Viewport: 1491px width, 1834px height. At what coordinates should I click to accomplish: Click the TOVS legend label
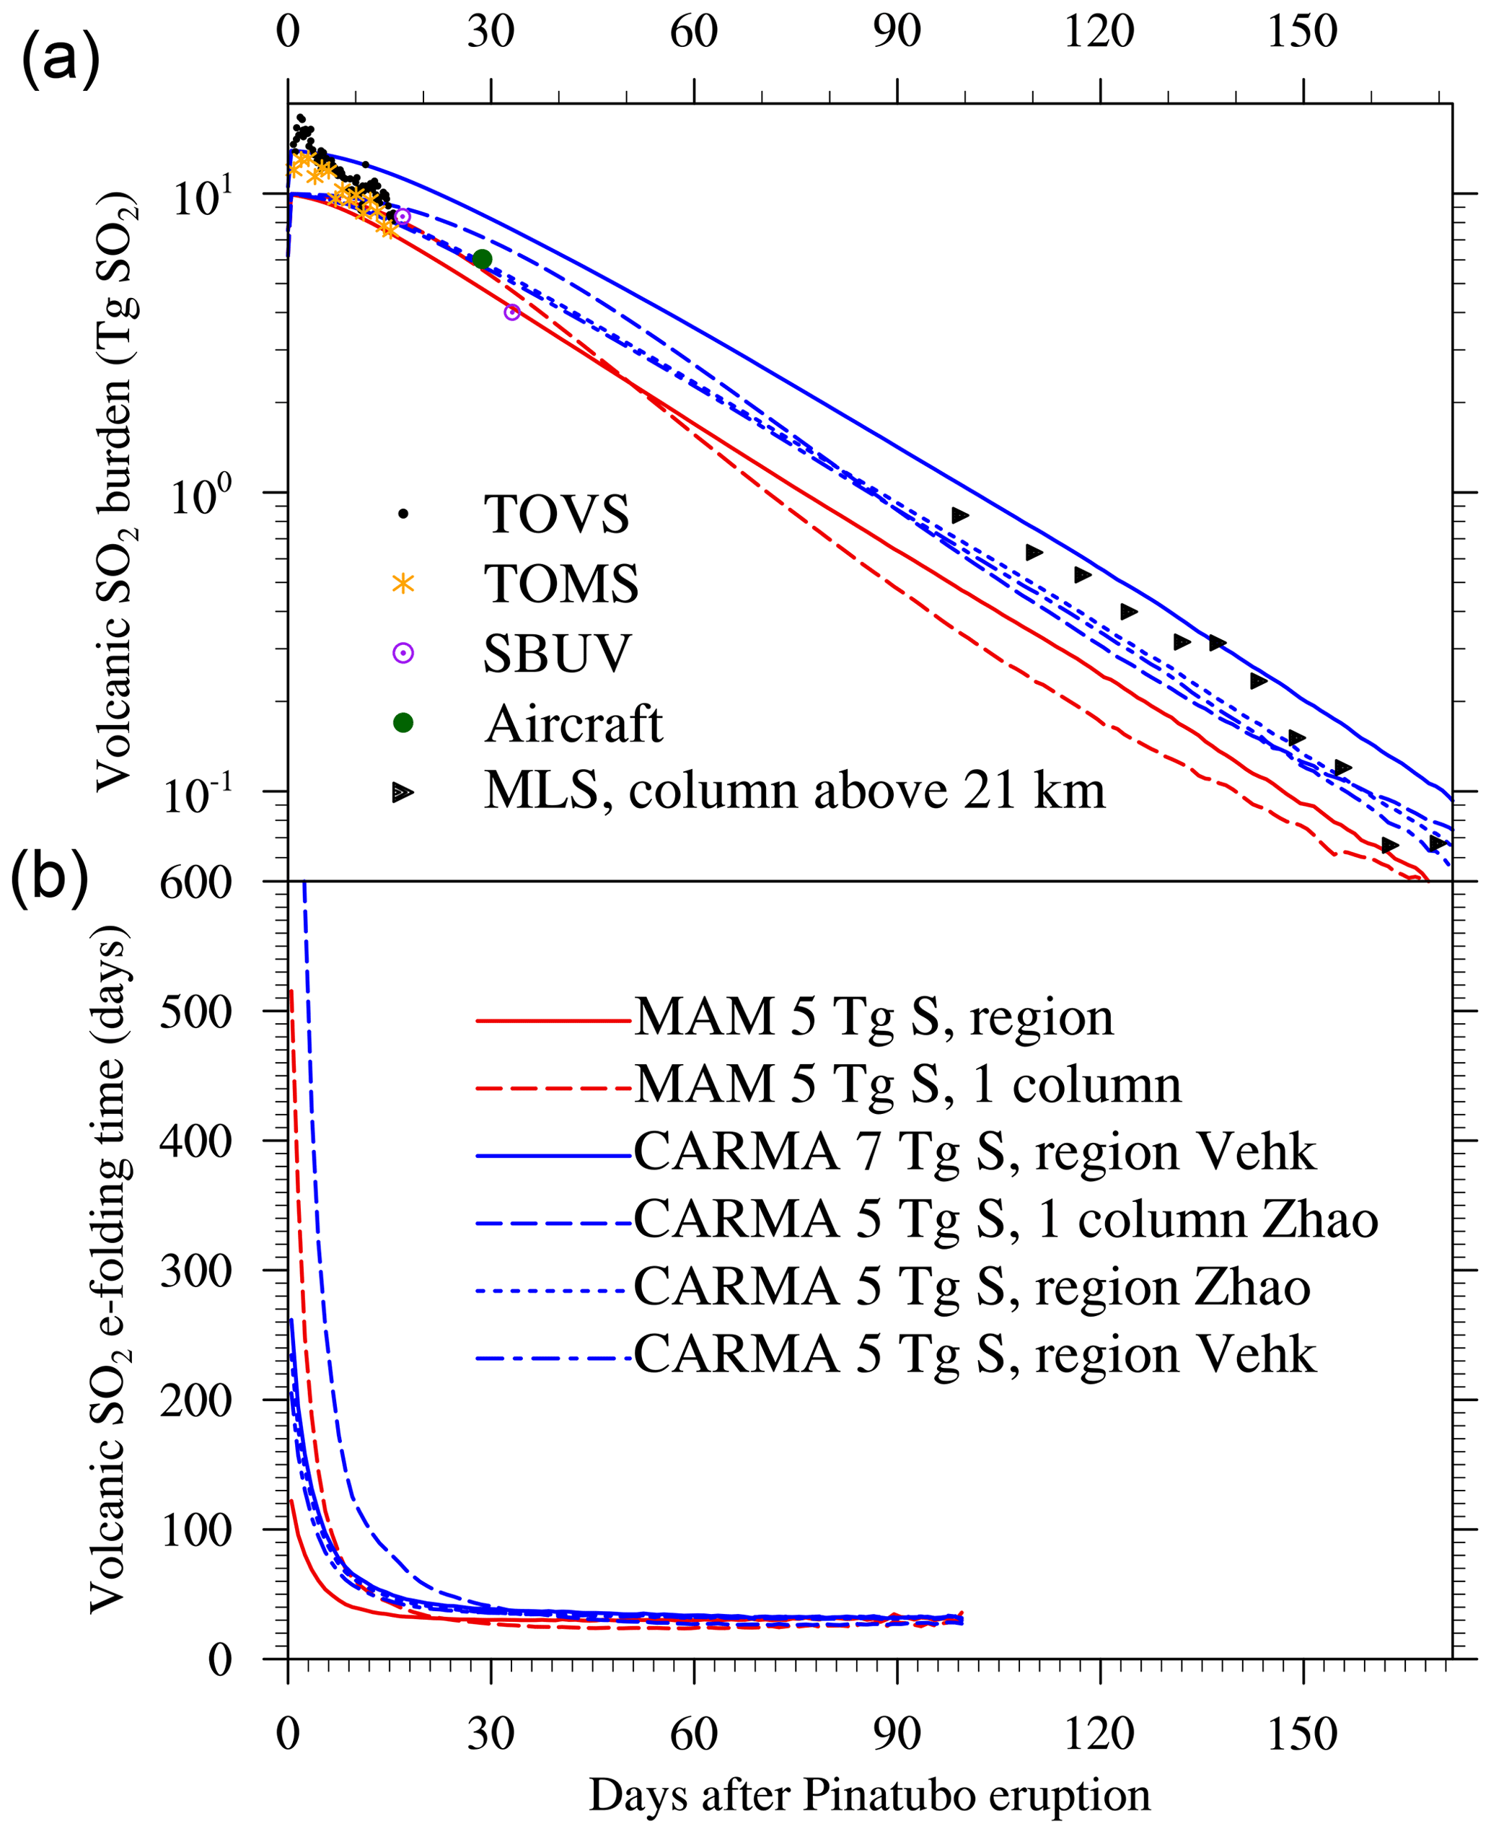(x=557, y=514)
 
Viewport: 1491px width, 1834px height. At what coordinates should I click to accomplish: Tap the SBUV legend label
(x=557, y=654)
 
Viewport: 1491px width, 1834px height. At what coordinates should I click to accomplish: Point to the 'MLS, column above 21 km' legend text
(x=794, y=791)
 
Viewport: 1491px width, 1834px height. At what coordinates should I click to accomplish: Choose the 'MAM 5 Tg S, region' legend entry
(x=873, y=1018)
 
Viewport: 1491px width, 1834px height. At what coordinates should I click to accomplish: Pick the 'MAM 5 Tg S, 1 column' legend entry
(x=907, y=1085)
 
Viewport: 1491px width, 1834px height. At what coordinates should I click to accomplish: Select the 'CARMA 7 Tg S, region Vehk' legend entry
(x=974, y=1152)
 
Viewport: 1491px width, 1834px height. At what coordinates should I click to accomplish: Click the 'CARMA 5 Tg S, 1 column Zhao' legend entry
(x=1005, y=1220)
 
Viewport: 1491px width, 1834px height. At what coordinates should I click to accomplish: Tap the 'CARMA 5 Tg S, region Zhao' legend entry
(x=972, y=1288)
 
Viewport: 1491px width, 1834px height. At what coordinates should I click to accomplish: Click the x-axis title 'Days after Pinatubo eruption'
(x=869, y=1794)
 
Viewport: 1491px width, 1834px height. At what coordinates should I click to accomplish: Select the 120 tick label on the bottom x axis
(x=1099, y=1733)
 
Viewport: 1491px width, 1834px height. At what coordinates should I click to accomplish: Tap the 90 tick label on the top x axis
(x=897, y=32)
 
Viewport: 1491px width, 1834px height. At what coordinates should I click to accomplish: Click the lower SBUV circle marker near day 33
(x=512, y=312)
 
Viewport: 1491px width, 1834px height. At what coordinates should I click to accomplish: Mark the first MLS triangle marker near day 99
(x=959, y=515)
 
